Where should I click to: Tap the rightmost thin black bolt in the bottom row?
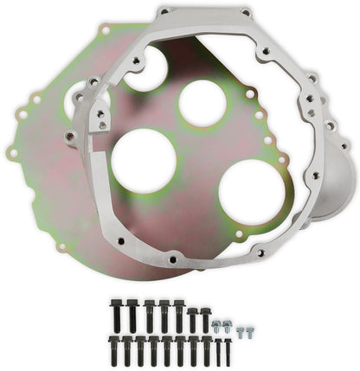tap(228, 349)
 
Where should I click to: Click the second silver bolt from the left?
tap(227, 325)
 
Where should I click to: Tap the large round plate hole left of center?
tap(144, 160)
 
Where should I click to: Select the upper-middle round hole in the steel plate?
tap(202, 103)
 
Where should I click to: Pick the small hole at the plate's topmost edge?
tap(105, 29)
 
